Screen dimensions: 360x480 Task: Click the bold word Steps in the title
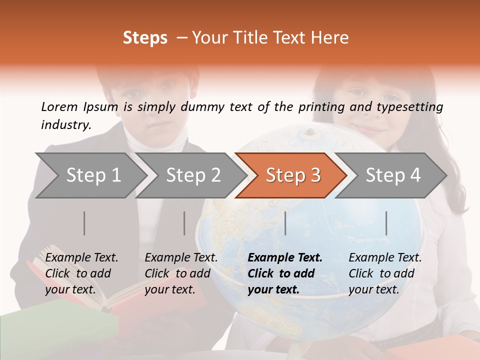[145, 38]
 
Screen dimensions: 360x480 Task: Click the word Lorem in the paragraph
[59, 106]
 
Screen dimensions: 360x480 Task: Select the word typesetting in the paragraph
[407, 107]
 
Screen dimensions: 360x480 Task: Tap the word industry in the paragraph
[65, 124]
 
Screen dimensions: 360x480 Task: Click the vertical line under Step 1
[84, 223]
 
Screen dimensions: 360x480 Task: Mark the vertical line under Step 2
[184, 223]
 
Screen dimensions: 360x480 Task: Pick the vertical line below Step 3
[285, 223]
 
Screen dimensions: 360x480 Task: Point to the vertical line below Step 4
[386, 223]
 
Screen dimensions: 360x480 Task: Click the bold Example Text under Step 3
[285, 258]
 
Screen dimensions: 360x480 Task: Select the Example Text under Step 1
[81, 258]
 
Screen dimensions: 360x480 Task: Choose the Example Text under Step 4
[385, 258]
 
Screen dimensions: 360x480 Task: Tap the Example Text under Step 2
[181, 258]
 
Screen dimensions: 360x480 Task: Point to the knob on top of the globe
[309, 132]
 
